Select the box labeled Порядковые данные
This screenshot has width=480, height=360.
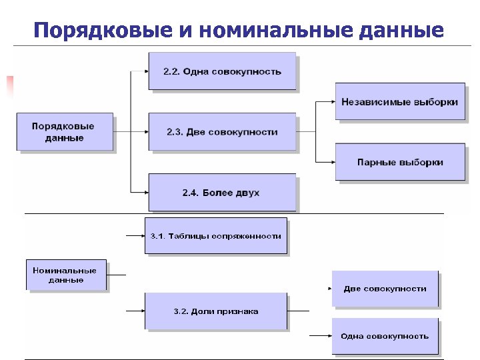click(x=65, y=132)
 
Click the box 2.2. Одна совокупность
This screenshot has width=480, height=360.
click(x=222, y=71)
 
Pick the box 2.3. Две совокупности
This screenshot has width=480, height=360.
click(x=222, y=132)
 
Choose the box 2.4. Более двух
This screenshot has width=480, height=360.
click(x=222, y=193)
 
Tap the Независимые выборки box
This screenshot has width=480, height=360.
click(x=399, y=102)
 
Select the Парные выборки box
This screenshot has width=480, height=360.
click(x=399, y=162)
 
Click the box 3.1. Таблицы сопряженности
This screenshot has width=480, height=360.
click(x=215, y=235)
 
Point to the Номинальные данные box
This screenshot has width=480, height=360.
click(x=65, y=275)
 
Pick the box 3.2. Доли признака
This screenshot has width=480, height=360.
click(x=215, y=311)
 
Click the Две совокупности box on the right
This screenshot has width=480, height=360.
click(x=385, y=289)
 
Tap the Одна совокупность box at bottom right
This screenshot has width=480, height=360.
click(x=385, y=336)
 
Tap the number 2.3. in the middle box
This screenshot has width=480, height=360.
click(x=175, y=132)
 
